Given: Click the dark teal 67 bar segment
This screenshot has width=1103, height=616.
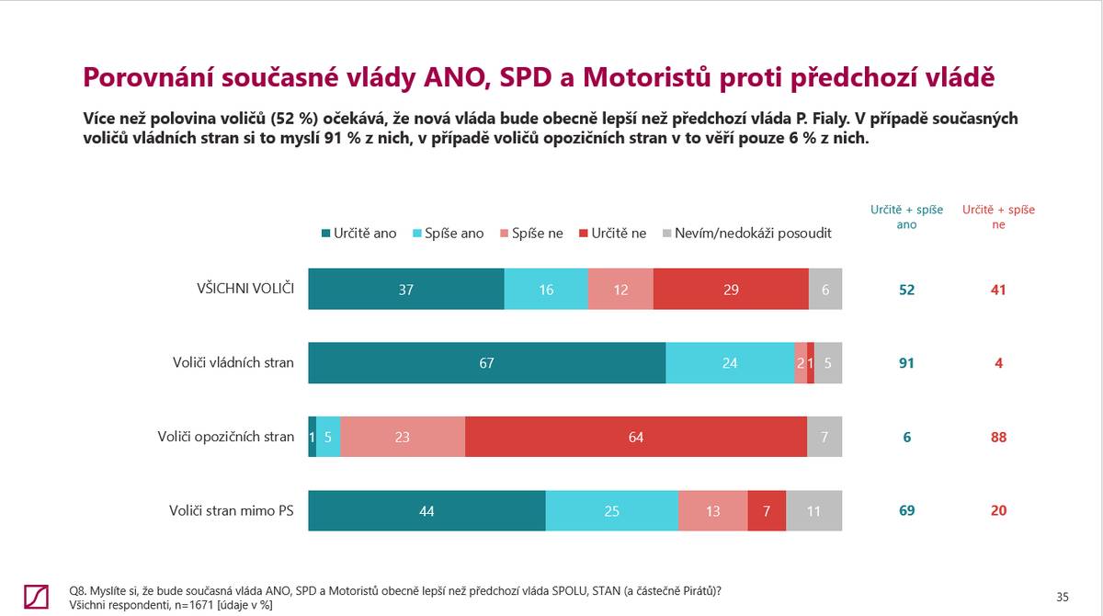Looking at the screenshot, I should pos(486,362).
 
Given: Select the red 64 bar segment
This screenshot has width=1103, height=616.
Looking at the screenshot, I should pos(636,437).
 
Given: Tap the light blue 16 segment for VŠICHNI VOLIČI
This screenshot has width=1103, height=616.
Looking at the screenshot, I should pos(546,289).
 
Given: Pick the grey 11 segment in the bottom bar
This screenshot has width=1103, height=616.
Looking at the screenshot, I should pos(813,510).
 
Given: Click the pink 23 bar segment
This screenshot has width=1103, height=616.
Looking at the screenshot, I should pos(403,437).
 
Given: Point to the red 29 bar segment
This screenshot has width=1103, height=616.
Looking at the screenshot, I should pos(731,289).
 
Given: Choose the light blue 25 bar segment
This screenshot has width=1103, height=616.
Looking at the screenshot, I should pos(612,510).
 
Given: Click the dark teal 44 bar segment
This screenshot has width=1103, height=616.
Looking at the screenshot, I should pos(426,510).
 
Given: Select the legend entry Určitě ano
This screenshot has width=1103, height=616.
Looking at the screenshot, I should pos(359,234).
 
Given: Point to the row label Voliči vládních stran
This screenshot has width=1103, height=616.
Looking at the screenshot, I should pos(233,362).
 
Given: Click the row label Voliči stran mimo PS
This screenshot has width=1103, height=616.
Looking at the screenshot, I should pos(232,510).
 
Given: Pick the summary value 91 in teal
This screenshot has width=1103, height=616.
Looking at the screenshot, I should pos(906,362).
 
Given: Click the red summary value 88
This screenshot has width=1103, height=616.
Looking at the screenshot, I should pos(998,437).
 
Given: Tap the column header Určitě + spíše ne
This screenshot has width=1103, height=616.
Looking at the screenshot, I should pos(998,216).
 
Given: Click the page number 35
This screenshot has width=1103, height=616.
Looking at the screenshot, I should pos(1063,597).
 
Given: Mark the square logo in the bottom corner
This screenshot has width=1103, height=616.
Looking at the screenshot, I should pos(37,596).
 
